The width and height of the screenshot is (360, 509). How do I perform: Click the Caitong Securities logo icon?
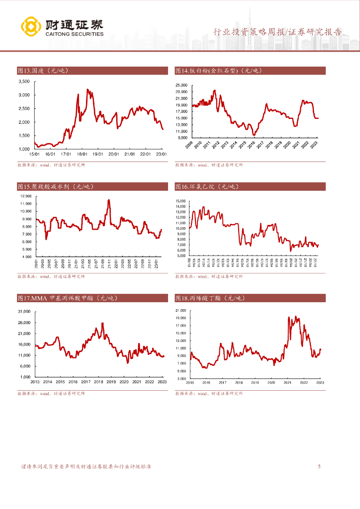tap(31, 27)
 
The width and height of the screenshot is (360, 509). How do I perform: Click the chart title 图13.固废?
tap(42, 71)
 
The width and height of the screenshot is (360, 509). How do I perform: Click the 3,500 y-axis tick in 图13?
tap(24, 81)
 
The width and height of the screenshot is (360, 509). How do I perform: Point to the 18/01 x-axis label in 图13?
tap(83, 154)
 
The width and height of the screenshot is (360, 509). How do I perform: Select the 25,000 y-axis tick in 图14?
tap(180, 85)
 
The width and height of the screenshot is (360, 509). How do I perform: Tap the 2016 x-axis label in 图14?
tap(252, 145)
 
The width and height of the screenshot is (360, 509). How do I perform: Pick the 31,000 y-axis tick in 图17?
tap(24, 312)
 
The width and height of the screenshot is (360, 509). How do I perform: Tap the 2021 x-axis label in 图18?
tap(287, 382)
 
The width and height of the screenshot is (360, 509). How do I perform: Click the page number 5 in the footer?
tap(319, 466)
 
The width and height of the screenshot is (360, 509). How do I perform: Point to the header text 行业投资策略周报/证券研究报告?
tap(277, 32)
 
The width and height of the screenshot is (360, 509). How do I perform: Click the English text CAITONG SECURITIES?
tap(74, 34)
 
